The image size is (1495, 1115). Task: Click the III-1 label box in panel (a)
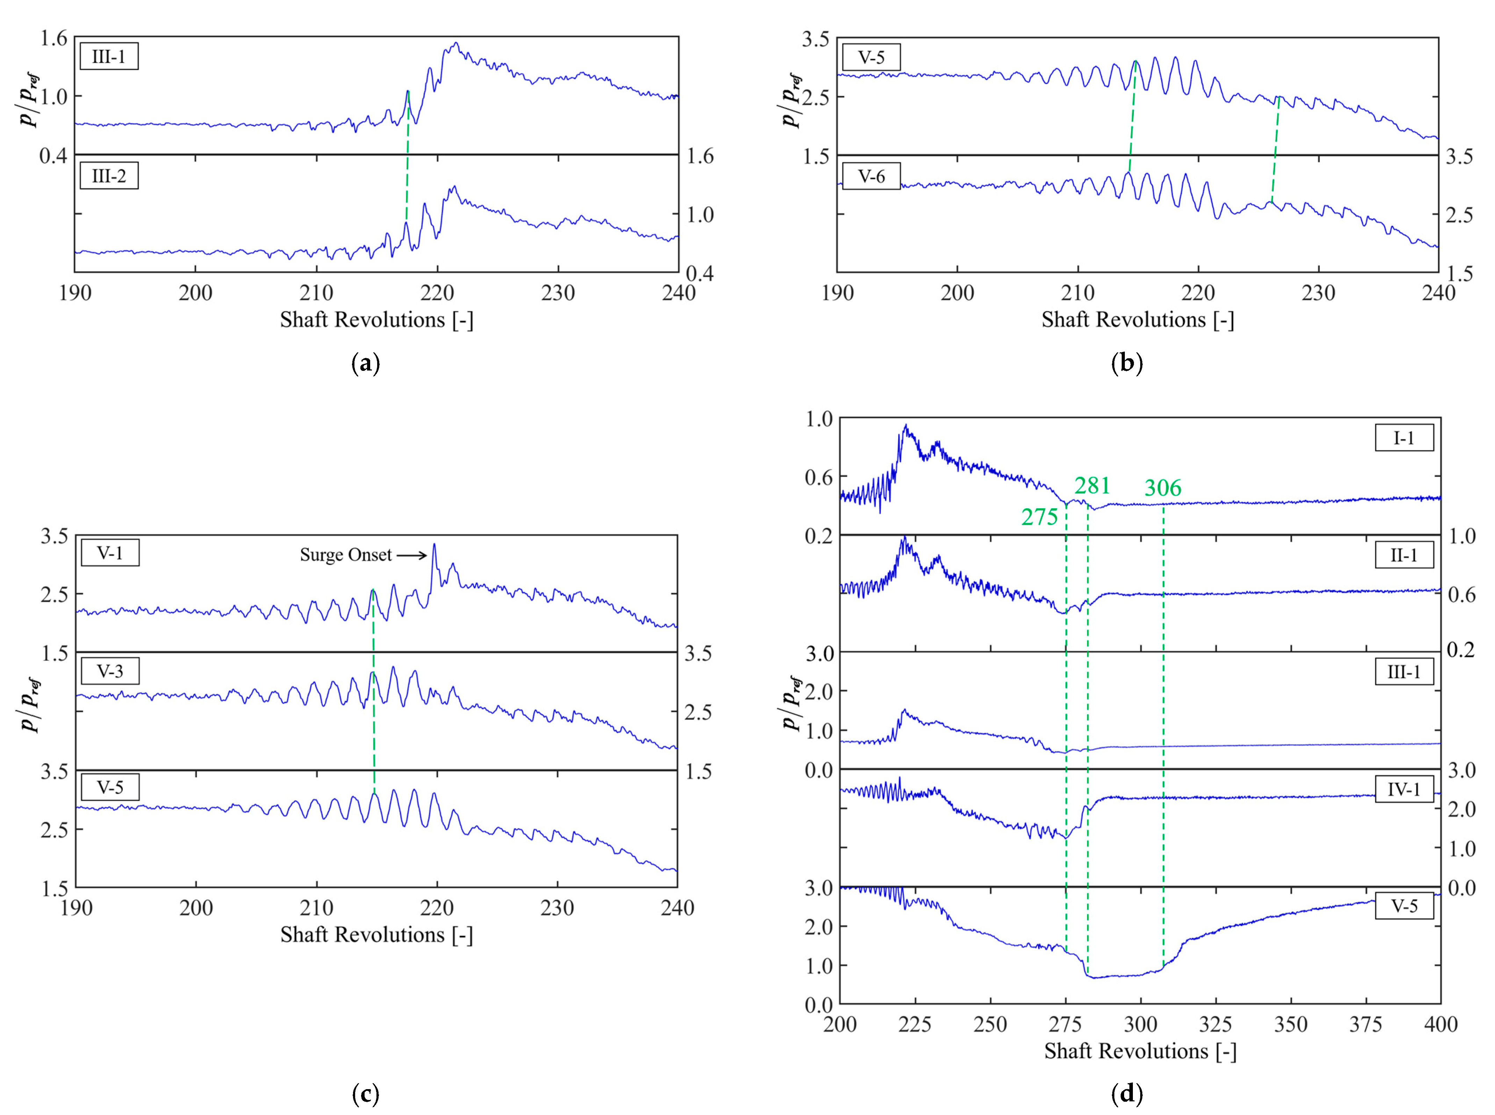(109, 57)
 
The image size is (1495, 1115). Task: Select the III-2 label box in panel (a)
(109, 176)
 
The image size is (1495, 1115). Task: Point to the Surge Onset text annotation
(346, 555)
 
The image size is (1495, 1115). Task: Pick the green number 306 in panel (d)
(1162, 488)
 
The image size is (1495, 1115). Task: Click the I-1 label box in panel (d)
(1404, 438)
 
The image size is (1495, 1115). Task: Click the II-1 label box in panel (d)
(1404, 555)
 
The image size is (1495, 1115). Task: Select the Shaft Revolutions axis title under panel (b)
(1137, 319)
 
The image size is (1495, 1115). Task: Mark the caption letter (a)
(366, 364)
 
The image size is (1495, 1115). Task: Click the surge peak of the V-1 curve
(434, 544)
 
